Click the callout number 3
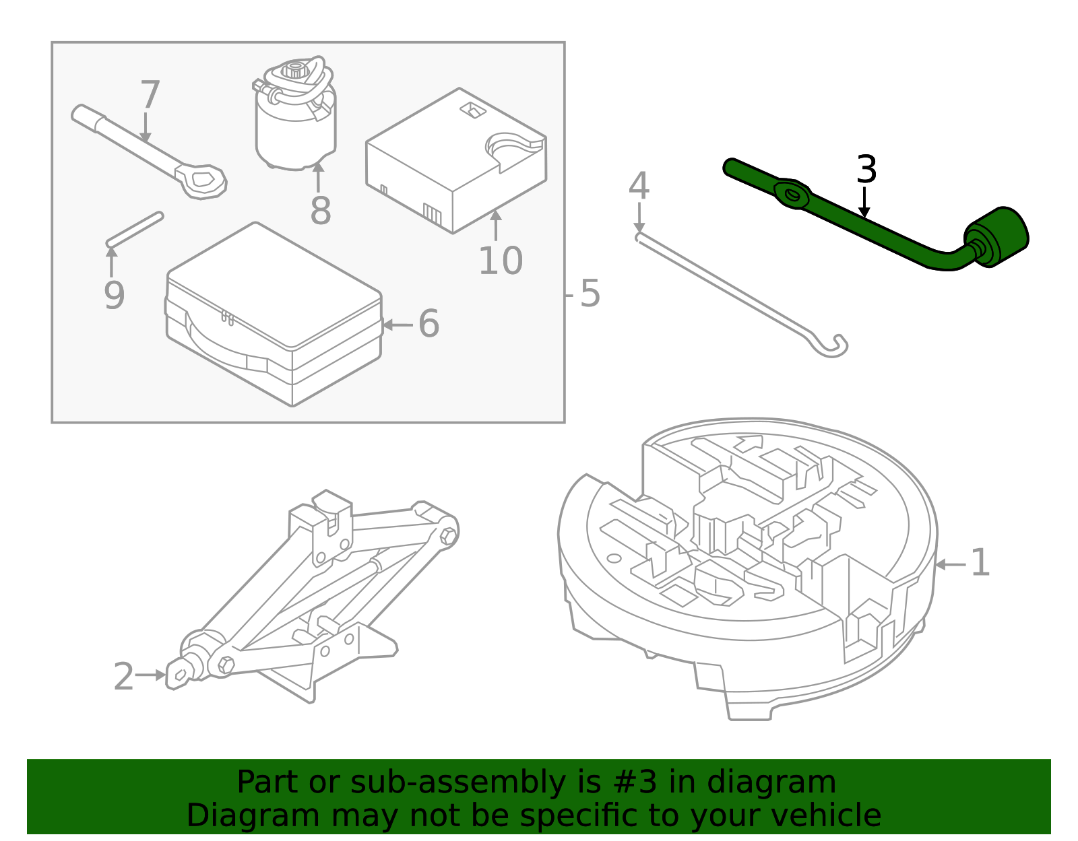click(x=866, y=170)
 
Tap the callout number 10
click(x=500, y=261)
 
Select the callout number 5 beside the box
click(x=590, y=294)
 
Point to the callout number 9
click(x=115, y=295)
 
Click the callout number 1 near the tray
click(x=980, y=563)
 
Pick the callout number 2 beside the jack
click(x=123, y=677)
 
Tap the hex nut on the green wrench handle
click(x=792, y=195)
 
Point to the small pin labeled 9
click(x=135, y=230)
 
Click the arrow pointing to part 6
click(x=397, y=325)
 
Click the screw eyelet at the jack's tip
click(x=180, y=674)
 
